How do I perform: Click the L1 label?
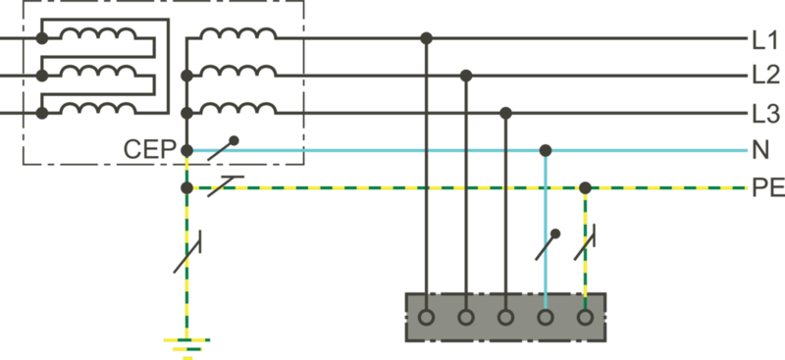764,40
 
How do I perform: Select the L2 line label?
764,76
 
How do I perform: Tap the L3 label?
764,114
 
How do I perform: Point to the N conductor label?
759,151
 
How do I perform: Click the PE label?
765,186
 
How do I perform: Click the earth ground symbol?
185,344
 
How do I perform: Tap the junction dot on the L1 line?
426,39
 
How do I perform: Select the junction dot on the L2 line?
466,76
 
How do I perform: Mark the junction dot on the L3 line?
505,113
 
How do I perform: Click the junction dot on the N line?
546,150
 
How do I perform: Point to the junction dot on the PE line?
585,186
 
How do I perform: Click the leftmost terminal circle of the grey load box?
426,318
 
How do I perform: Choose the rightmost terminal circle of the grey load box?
585,318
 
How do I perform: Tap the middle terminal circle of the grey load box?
505,318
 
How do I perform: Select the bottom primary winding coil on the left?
98,110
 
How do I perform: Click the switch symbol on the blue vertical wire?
548,244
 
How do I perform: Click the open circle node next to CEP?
186,151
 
